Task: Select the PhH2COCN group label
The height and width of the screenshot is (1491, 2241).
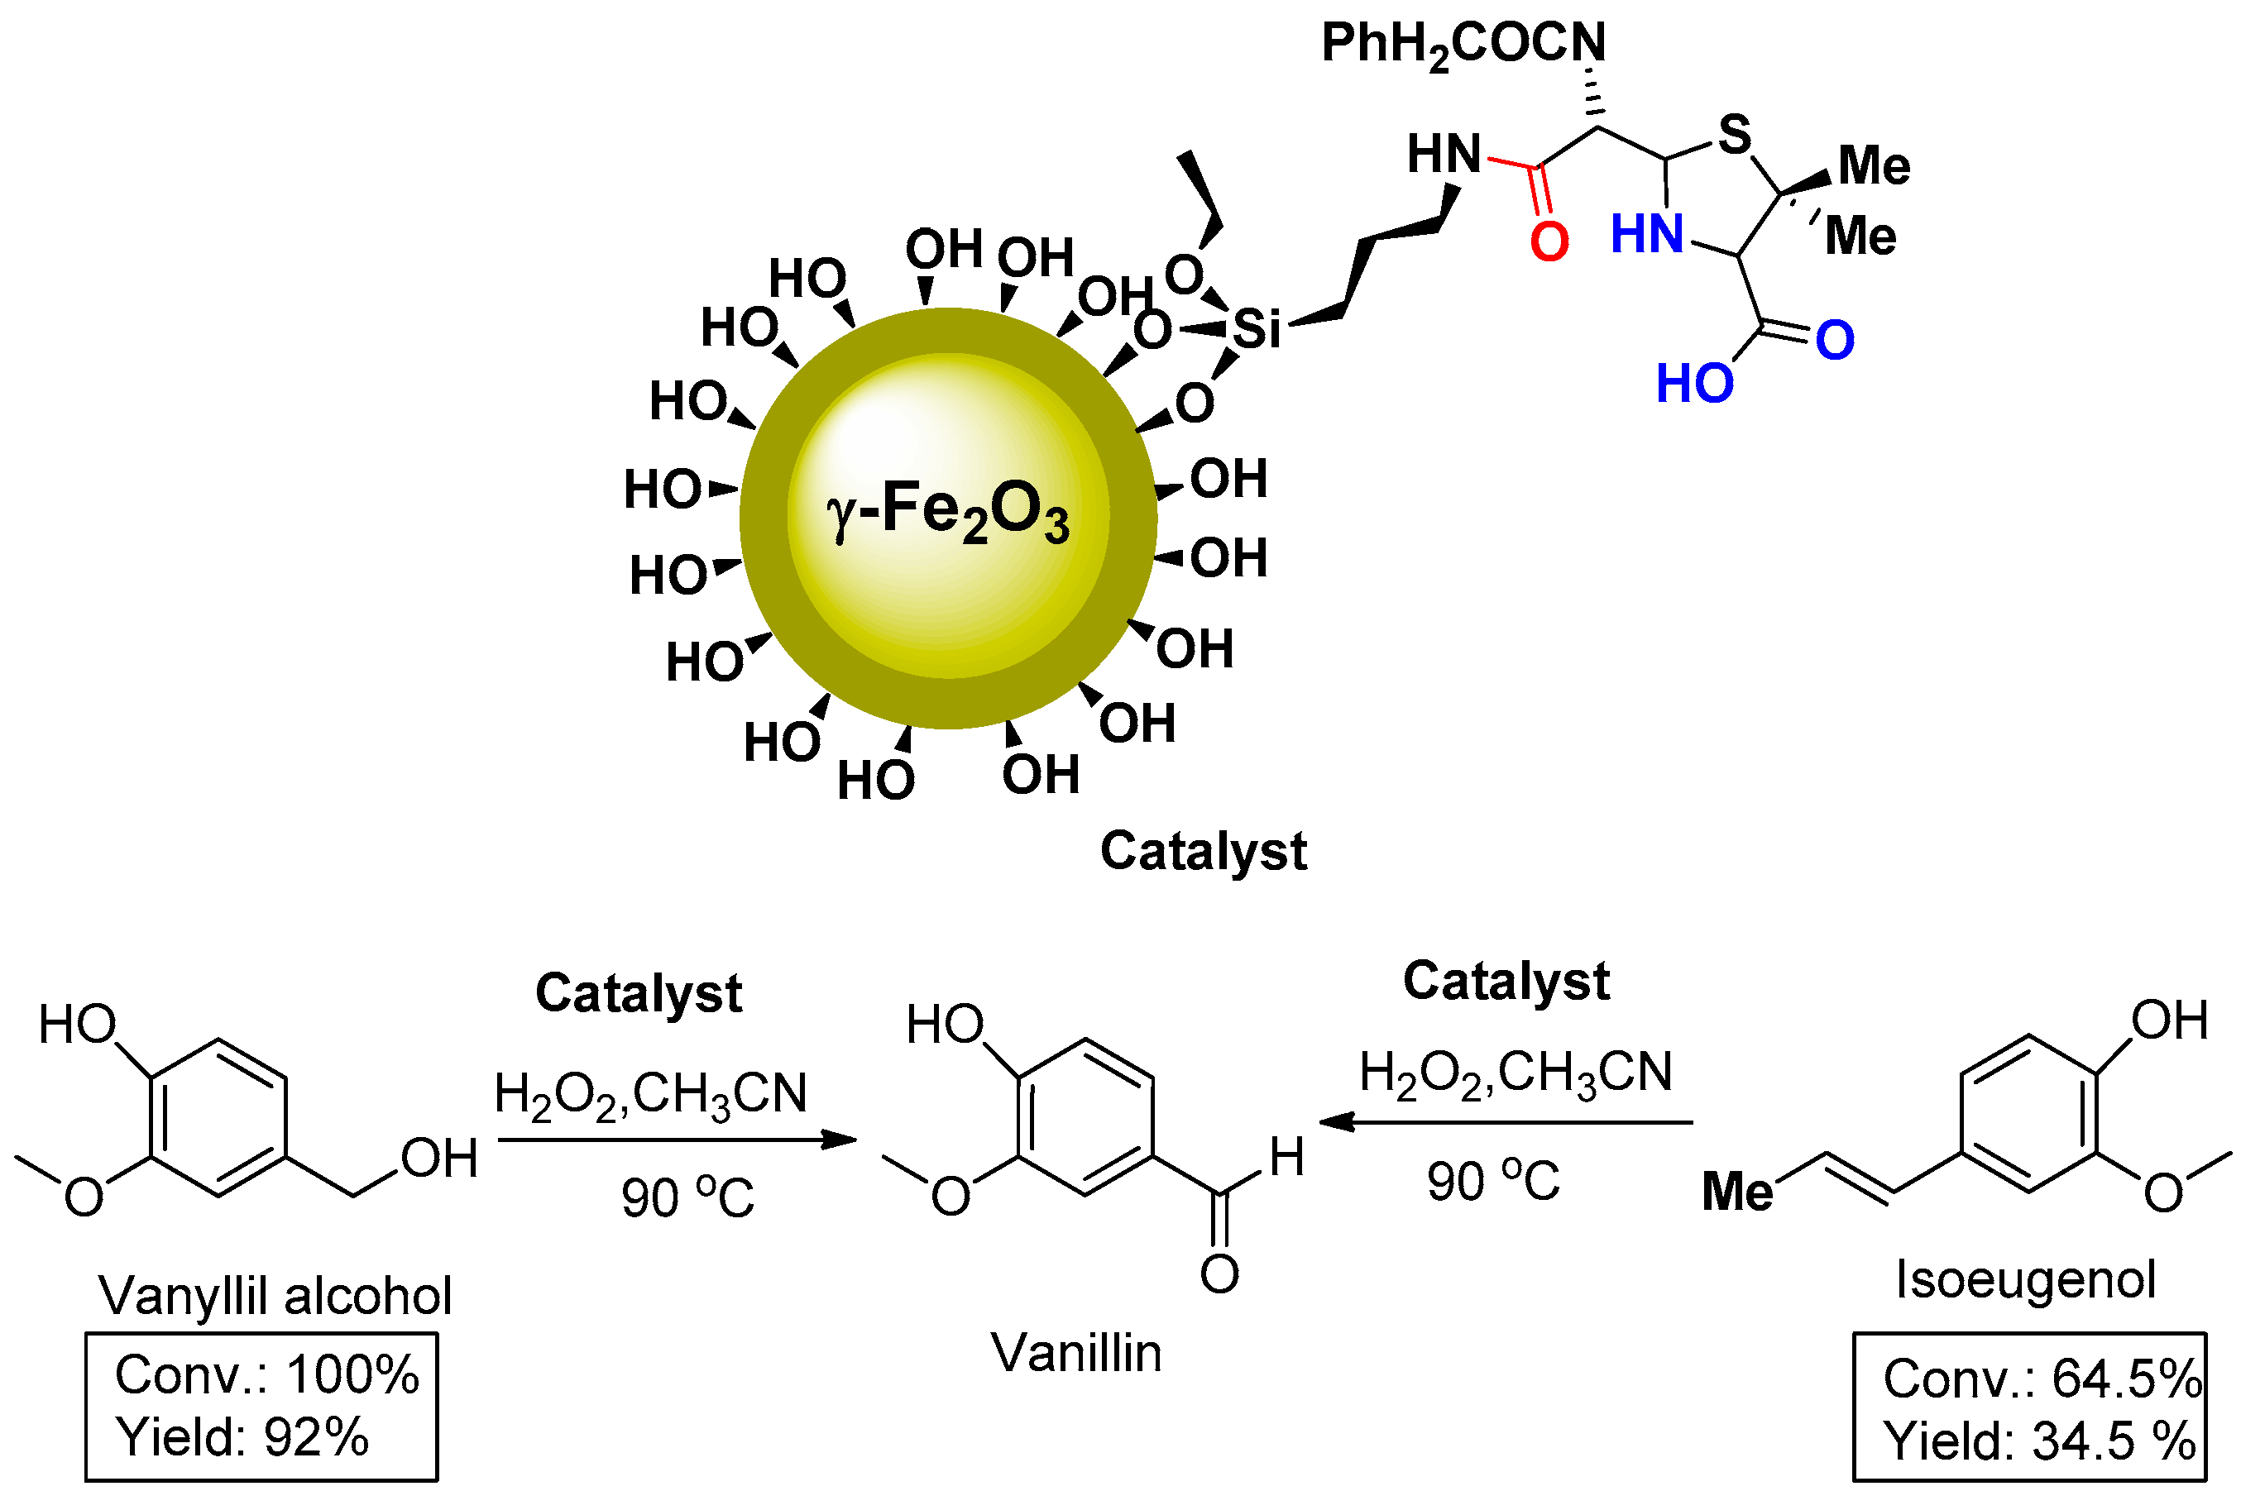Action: tap(1463, 44)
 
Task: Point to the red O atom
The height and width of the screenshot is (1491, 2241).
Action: tap(1549, 241)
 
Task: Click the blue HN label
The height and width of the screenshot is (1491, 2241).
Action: tap(1646, 234)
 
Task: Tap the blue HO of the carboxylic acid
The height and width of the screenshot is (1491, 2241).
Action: tap(1694, 385)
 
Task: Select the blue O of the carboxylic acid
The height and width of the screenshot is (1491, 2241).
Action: tap(1834, 341)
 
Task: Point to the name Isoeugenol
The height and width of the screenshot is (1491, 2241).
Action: tap(2025, 1280)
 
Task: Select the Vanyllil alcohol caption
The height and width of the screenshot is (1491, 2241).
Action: tap(275, 1295)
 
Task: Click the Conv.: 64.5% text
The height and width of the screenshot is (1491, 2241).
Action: tap(2042, 1379)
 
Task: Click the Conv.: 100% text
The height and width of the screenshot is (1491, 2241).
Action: tap(266, 1375)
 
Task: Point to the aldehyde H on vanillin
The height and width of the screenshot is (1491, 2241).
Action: tap(1286, 1157)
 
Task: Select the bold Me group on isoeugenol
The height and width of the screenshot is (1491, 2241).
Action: tap(1737, 1192)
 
